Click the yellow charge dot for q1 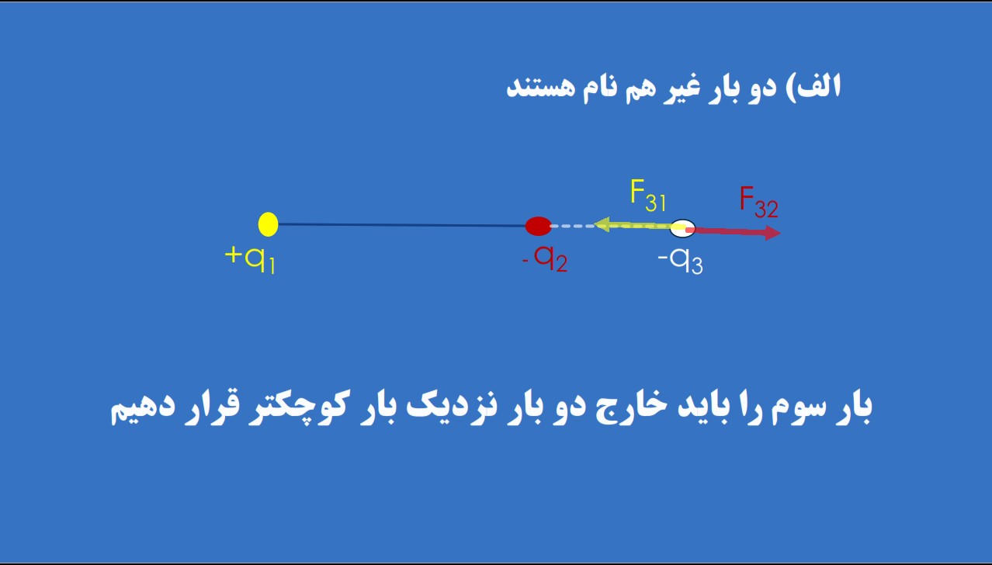point(268,224)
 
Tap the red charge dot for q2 point(538,226)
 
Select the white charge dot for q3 point(682,228)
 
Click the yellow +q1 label point(250,259)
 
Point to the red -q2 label point(545,258)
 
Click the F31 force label point(648,196)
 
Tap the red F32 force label point(758,203)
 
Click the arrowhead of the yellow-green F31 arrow point(601,224)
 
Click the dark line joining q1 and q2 point(401,225)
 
